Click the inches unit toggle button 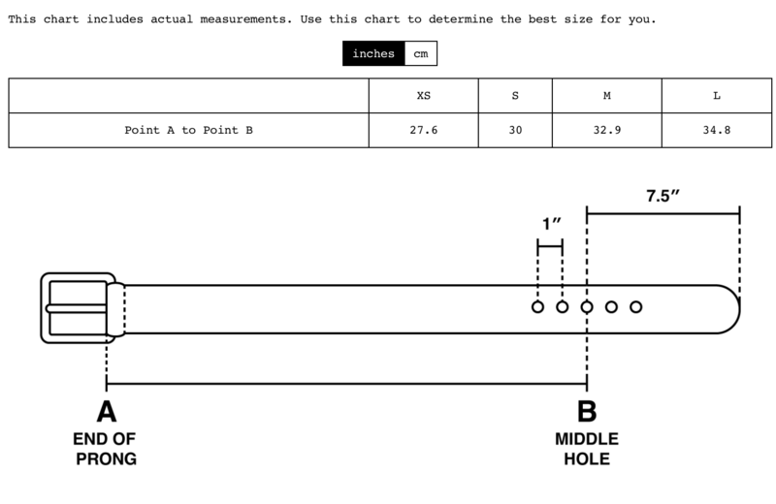click(x=373, y=53)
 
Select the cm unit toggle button click(x=421, y=53)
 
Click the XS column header click(x=424, y=95)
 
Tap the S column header click(x=515, y=95)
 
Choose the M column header click(x=607, y=95)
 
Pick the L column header click(x=717, y=95)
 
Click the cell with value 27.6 click(x=424, y=130)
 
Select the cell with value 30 click(x=515, y=130)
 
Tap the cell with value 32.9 click(x=607, y=130)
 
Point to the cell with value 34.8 click(x=717, y=130)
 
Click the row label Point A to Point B click(x=188, y=130)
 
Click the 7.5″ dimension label click(x=663, y=196)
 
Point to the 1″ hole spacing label click(x=552, y=224)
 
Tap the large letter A click(x=107, y=412)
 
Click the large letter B click(x=587, y=412)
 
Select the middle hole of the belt click(x=587, y=307)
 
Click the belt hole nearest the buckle click(x=538, y=307)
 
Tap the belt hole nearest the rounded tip click(x=636, y=307)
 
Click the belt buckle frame click(x=79, y=307)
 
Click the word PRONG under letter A click(x=107, y=459)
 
